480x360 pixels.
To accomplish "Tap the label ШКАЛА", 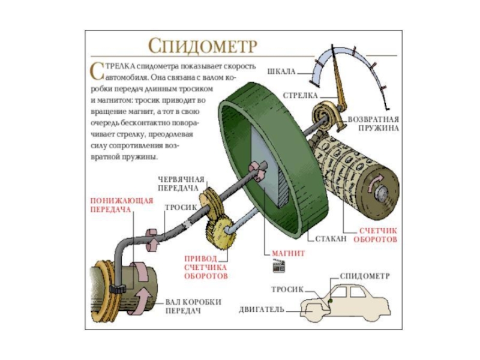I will [x=281, y=71].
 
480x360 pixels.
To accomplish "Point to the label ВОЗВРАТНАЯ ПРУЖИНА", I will [x=373, y=123].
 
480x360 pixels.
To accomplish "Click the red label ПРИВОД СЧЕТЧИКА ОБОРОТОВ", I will [x=206, y=267].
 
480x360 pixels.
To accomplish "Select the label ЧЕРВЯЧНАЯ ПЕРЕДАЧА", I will [x=181, y=184].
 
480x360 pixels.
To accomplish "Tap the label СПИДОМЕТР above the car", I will [x=365, y=277].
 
